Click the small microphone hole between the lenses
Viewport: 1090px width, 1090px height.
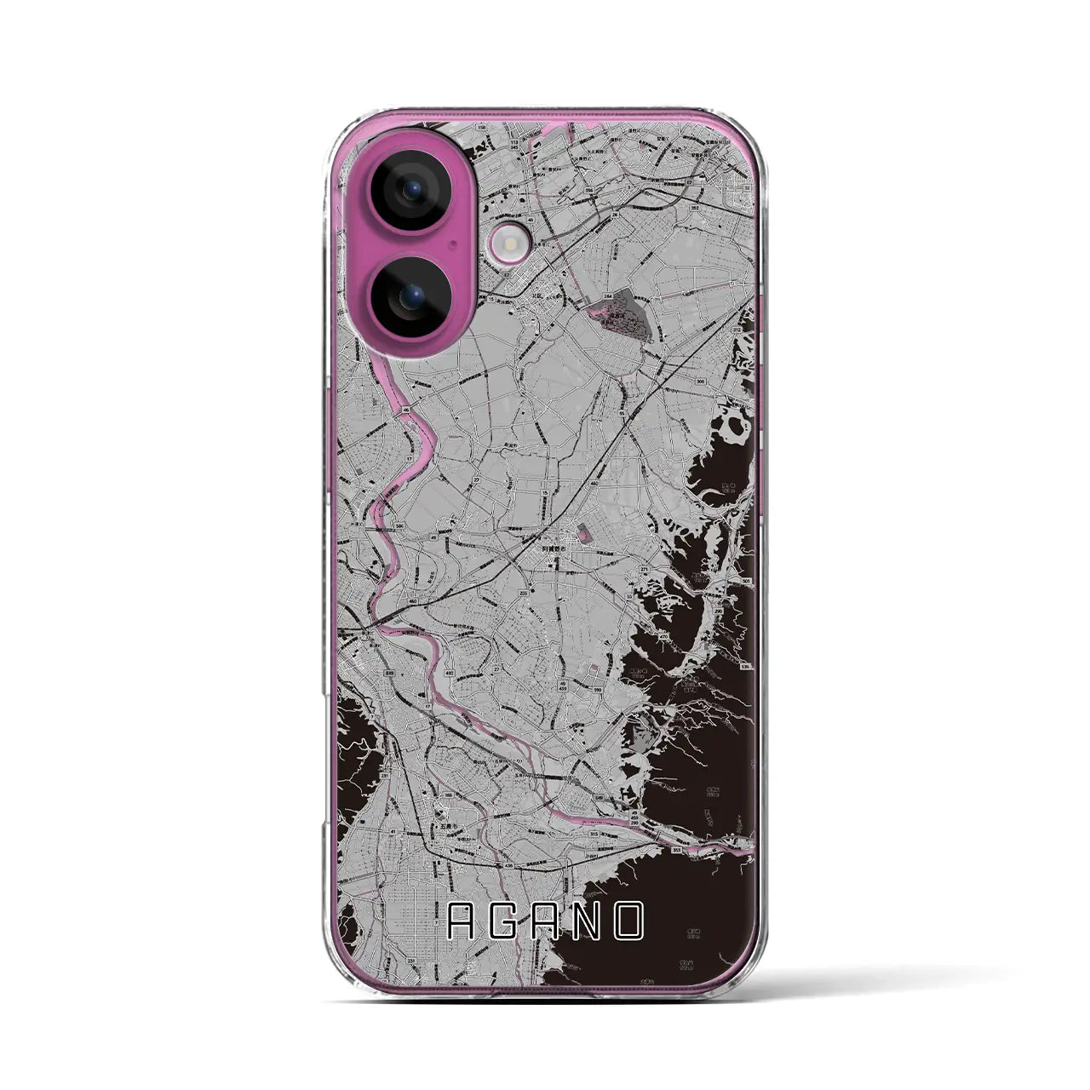pyautogui.click(x=456, y=242)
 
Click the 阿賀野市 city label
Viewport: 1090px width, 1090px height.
pyautogui.click(x=556, y=550)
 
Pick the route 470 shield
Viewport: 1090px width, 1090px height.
pyautogui.click(x=662, y=635)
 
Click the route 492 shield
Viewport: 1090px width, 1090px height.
pyautogui.click(x=446, y=672)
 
